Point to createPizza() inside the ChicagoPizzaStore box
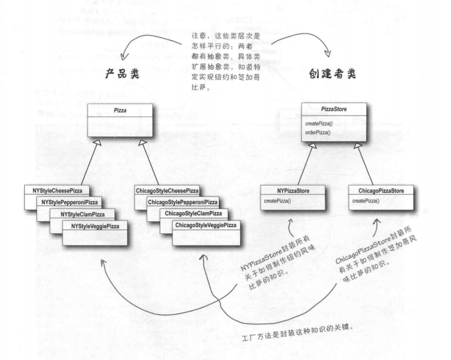[366, 201]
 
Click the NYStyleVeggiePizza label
[95, 226]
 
